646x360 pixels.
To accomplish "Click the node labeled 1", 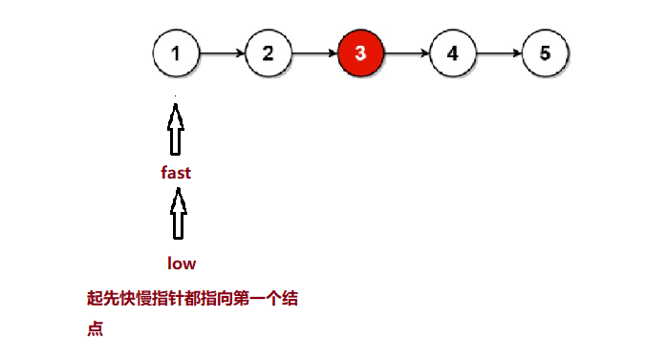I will (x=176, y=53).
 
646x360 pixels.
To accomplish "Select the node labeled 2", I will (x=269, y=53).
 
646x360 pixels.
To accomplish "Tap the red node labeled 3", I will (x=360, y=53).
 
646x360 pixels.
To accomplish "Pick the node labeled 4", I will (x=453, y=53).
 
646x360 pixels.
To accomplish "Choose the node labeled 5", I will (x=546, y=53).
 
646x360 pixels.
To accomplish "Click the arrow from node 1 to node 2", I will (x=222, y=53).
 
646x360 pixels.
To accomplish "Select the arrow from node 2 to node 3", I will (x=314, y=53).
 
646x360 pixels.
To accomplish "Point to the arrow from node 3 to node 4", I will (x=407, y=53).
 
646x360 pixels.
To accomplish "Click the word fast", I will (x=176, y=173).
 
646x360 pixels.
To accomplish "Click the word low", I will (x=182, y=263).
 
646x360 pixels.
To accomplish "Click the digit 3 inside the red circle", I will (x=360, y=53).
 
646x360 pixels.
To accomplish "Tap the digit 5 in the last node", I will (x=546, y=53).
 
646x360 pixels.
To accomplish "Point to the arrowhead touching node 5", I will (x=518, y=53).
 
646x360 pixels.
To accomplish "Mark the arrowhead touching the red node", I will (x=333, y=53).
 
